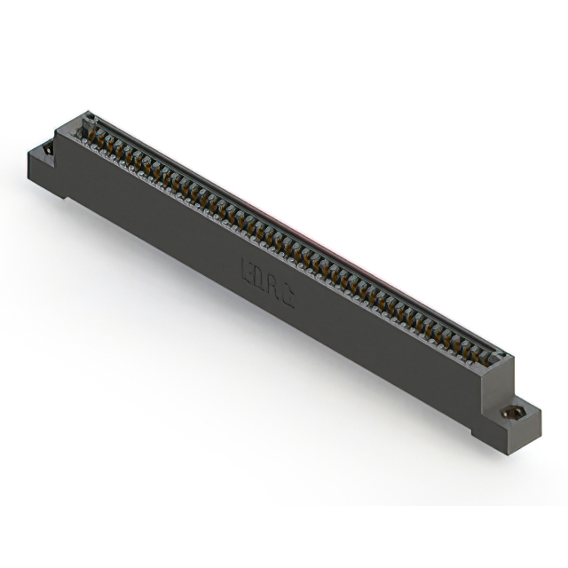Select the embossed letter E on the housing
[x=246, y=264]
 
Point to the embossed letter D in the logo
[x=259, y=272]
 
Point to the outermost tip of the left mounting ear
[x=29, y=153]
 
